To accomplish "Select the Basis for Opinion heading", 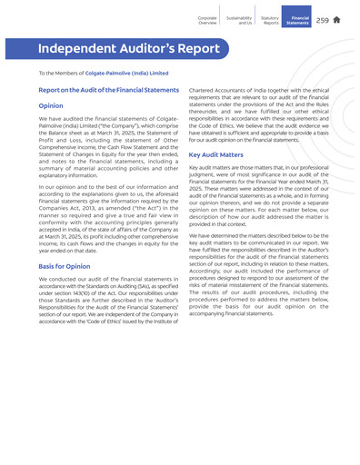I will pos(65,265).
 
